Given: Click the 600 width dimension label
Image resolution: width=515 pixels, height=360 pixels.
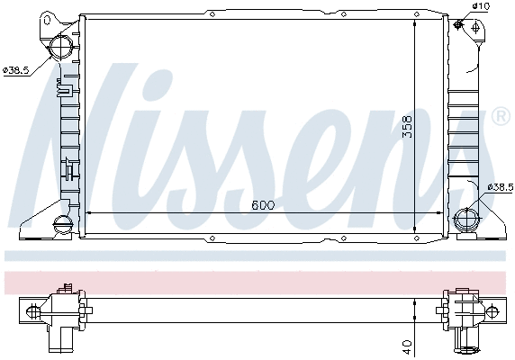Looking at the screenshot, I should click(262, 205).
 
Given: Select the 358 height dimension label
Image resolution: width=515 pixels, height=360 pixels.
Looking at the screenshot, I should click(407, 125).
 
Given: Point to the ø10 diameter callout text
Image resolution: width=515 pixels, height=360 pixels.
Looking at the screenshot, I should click(482, 7).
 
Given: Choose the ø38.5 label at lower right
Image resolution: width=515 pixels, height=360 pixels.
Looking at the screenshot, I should click(500, 186).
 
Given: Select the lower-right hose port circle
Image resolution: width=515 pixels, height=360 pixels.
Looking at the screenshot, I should click(466, 219).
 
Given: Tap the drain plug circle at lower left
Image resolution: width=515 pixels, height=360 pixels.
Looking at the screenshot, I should click(61, 224).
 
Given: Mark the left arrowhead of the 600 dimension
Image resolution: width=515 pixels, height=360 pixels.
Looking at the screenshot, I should click(86, 214).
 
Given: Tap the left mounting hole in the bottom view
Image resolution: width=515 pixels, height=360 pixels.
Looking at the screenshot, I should click(34, 311).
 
